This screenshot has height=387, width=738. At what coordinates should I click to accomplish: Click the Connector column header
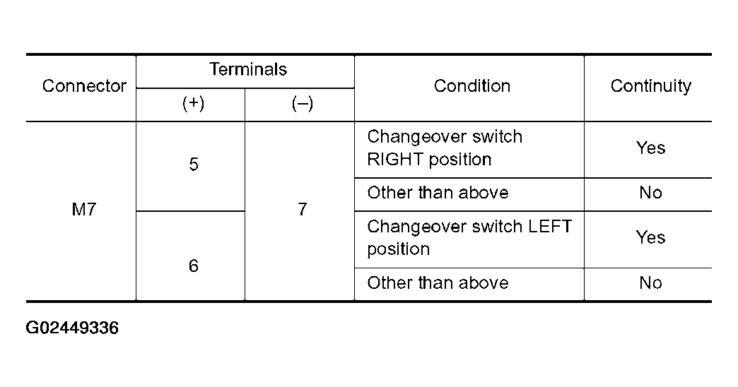click(x=84, y=86)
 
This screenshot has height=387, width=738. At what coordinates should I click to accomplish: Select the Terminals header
click(x=248, y=70)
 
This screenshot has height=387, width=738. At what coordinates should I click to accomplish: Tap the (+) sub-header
click(x=194, y=103)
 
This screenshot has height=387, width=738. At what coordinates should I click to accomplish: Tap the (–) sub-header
click(x=302, y=103)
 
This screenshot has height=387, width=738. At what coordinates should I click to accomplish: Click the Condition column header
click(x=472, y=86)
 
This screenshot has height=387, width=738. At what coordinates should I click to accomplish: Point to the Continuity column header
click(x=651, y=86)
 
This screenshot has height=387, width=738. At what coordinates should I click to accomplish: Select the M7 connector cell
click(x=84, y=209)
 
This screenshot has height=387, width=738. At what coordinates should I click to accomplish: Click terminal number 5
click(x=194, y=164)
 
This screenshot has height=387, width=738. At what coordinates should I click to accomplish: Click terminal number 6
click(x=194, y=266)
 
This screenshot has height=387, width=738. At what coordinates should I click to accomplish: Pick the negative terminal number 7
click(x=302, y=209)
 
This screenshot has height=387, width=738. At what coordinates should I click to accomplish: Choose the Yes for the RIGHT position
click(x=650, y=148)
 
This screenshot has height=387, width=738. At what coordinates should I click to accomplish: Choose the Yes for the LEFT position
click(x=650, y=237)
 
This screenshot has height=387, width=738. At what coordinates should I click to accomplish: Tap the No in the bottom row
click(x=650, y=283)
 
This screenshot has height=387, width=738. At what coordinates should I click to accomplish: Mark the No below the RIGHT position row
click(x=650, y=193)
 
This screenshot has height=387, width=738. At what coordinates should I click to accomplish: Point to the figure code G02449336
click(x=72, y=328)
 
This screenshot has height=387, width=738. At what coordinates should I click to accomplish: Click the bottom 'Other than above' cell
click(x=438, y=283)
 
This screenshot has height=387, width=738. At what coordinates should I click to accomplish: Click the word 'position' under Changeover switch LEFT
click(x=399, y=250)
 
